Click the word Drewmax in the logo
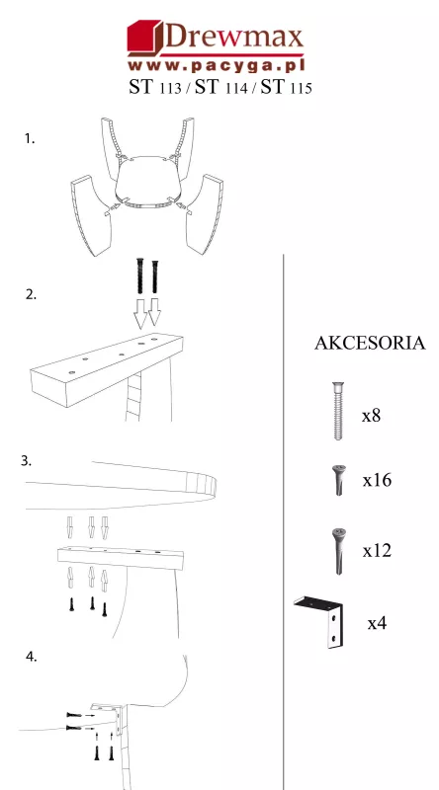coord(233,38)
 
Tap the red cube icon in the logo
coord(144,38)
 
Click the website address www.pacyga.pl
coord(217,65)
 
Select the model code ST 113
coord(155,87)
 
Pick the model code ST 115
coord(286,87)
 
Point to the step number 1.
coord(30,138)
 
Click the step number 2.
coord(32,294)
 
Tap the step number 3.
coord(27,460)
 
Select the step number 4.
coord(32,657)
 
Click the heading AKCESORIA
coord(370,343)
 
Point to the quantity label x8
coord(371,416)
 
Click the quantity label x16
coord(377,480)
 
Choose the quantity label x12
coord(377,550)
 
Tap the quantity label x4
coord(377,623)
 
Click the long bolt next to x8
coord(338,411)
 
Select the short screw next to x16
coord(338,480)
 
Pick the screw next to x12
coord(338,551)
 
